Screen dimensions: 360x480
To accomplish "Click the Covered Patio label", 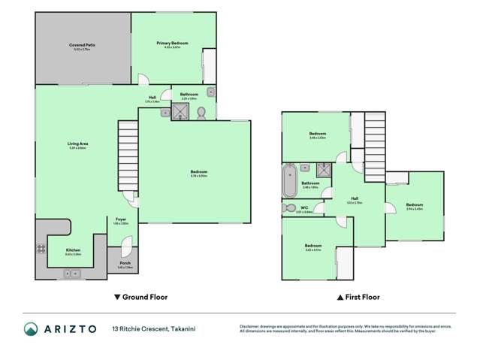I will (x=82, y=45).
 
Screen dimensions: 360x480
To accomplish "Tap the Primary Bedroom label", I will (x=172, y=44).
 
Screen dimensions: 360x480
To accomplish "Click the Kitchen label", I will (x=73, y=250).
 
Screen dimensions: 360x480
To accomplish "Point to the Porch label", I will (x=125, y=263).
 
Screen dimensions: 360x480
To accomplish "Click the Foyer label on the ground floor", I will (x=121, y=221).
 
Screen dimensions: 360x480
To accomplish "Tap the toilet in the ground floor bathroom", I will (x=201, y=112).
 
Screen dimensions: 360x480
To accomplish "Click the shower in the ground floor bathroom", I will (x=180, y=112).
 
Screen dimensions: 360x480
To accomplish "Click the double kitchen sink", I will (x=72, y=274).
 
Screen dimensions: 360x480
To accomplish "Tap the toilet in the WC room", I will (x=289, y=208).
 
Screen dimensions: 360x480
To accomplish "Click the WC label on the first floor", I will (x=304, y=207).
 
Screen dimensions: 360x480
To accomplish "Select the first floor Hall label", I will (x=355, y=200).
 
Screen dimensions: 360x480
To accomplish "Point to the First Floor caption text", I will (x=359, y=297).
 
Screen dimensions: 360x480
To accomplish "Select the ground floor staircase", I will (x=128, y=150).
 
